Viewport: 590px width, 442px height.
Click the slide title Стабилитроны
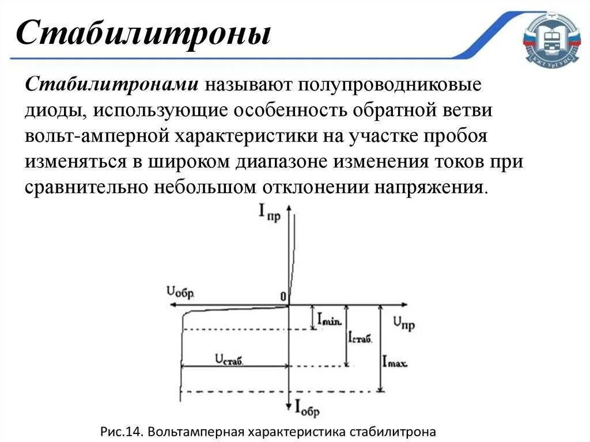tap(143, 33)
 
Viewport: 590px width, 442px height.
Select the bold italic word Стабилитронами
tap(112, 85)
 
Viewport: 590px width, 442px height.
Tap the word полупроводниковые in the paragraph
tap(388, 85)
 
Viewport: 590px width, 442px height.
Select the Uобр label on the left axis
tap(180, 292)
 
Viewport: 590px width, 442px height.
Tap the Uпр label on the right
tap(403, 322)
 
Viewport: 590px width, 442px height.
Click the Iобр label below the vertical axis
tap(307, 407)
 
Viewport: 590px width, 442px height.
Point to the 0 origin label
tap(283, 296)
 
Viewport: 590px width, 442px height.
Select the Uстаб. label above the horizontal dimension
tap(229, 360)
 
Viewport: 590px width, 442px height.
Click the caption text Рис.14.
tap(122, 432)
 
